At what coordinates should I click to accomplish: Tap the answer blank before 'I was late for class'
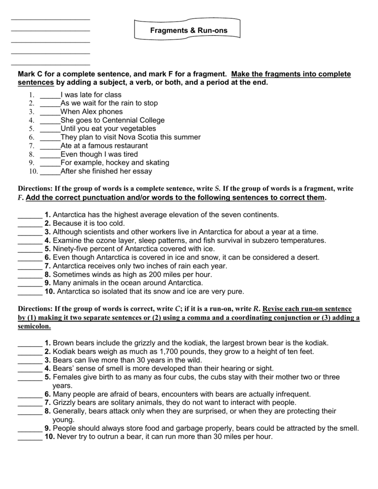click(50, 95)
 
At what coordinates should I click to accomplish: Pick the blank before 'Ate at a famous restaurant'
click(50, 146)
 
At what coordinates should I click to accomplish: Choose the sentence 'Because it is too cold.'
click(88, 223)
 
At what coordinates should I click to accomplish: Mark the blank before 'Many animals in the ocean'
click(30, 283)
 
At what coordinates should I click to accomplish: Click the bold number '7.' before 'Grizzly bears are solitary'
click(47, 403)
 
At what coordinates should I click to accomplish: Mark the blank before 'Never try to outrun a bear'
click(30, 437)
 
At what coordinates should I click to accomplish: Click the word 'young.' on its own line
click(63, 420)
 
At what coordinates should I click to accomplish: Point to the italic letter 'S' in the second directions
click(217, 189)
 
